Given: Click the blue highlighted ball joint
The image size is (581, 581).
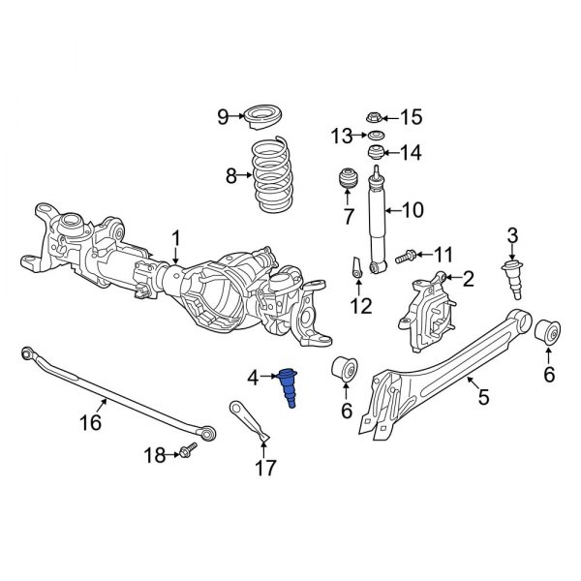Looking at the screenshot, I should coord(289,388).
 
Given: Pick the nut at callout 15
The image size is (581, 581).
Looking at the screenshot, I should coord(376,117).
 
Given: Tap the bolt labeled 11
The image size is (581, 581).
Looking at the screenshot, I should coord(406,256).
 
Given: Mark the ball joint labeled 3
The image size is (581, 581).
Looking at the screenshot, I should coord(512,277).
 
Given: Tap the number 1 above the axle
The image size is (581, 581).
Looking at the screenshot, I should coord(176,238).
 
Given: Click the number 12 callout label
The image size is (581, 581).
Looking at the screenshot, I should coord(359,307).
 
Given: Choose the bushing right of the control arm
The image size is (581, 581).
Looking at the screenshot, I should coord(547,330).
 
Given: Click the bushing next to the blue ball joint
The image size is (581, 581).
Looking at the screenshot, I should coord(345,371).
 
